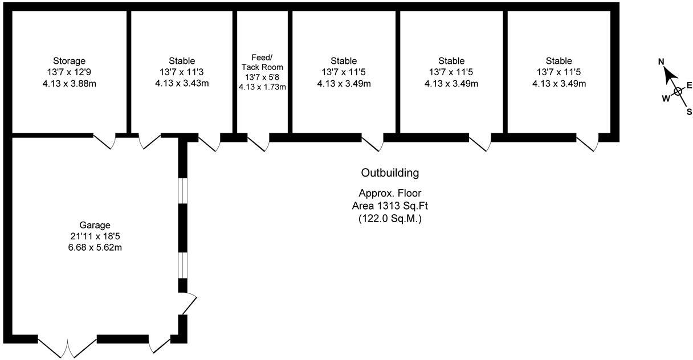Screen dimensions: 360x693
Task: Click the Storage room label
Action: click(70, 61)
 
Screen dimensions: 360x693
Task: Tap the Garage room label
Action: click(95, 225)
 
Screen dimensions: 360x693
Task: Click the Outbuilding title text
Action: click(390, 173)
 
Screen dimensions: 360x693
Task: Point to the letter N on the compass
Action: click(661, 62)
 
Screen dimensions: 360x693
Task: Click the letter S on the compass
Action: click(689, 112)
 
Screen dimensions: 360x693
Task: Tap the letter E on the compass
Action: click(689, 85)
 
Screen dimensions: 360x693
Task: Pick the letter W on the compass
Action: click(665, 98)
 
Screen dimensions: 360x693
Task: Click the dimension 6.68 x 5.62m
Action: click(95, 247)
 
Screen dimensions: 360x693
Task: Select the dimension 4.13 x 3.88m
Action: click(70, 84)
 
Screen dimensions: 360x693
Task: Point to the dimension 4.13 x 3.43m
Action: click(182, 84)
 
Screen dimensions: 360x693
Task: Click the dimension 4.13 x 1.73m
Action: click(263, 87)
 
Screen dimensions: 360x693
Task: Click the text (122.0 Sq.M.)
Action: click(390, 218)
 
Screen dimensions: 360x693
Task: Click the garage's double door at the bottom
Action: click(68, 346)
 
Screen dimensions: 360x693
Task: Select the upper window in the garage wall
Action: click(182, 190)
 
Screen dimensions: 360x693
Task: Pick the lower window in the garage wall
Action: click(182, 265)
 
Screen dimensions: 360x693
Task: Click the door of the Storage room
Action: click(104, 141)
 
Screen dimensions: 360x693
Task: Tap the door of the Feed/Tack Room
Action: click(258, 143)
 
